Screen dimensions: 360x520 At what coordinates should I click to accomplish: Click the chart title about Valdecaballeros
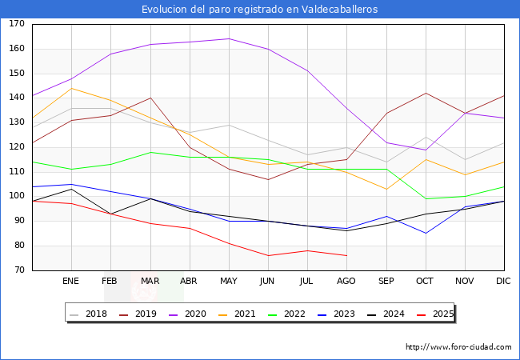point(260,9)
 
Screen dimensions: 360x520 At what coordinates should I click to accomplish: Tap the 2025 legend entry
point(442,314)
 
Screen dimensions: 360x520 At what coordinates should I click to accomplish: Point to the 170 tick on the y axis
point(17,24)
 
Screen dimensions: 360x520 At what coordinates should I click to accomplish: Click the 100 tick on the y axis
point(17,197)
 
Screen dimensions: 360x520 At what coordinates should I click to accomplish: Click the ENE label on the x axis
point(71,282)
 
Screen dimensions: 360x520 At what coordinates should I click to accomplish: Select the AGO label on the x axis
point(346,282)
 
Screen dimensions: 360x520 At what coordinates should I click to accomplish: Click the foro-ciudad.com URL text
point(458,347)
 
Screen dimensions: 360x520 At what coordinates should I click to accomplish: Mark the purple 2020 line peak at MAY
point(229,38)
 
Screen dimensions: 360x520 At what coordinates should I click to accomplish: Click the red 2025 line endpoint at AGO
point(346,255)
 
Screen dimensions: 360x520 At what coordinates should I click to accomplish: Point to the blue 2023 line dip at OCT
point(426,234)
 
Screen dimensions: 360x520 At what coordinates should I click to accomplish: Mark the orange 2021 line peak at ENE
point(71,88)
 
